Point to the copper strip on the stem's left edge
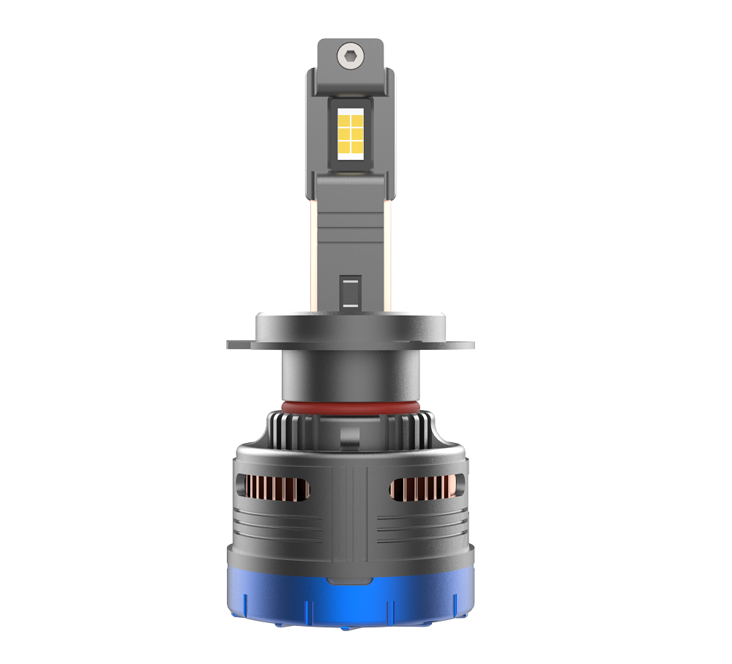pyautogui.click(x=313, y=249)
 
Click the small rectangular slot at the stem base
pyautogui.click(x=350, y=291)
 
